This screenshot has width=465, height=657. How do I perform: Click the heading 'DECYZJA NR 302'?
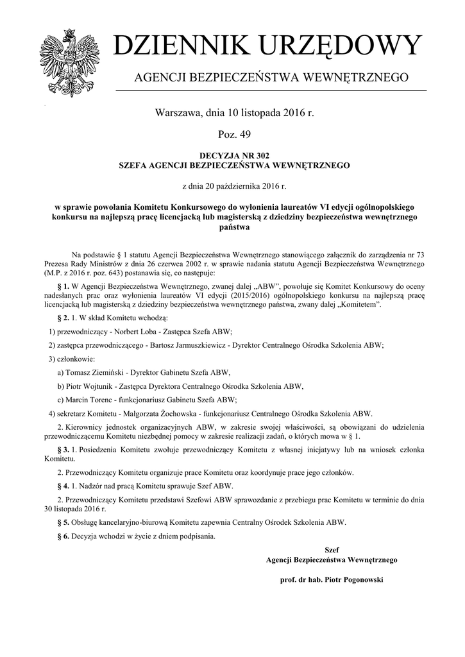[x=234, y=156]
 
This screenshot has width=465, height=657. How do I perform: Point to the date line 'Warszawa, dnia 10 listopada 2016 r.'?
[x=234, y=113]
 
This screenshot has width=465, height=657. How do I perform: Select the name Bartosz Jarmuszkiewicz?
[x=189, y=345]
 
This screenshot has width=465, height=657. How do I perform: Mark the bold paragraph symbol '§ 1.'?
[x=63, y=285]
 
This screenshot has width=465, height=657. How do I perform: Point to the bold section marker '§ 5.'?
[x=63, y=522]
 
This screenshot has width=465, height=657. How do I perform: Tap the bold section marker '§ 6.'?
[x=63, y=535]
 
